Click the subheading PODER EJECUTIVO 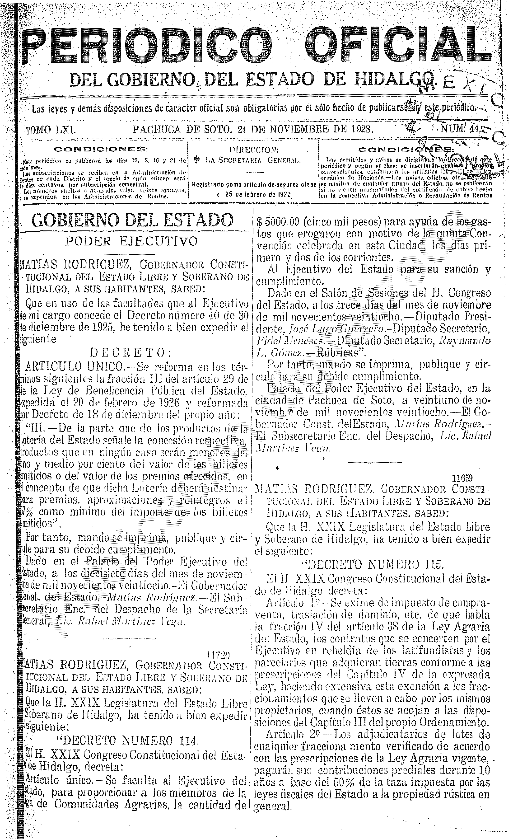[131, 241]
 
